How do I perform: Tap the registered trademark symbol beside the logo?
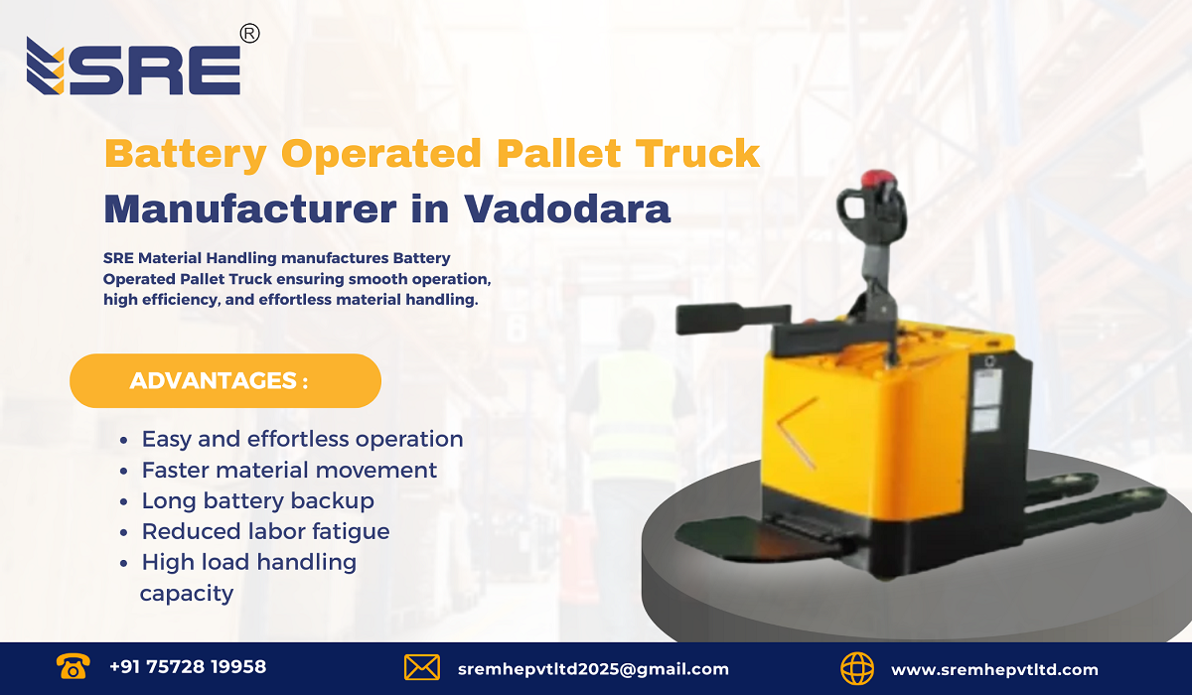click(x=250, y=34)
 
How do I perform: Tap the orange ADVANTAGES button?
click(x=225, y=380)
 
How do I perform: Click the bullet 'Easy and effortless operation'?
click(x=302, y=439)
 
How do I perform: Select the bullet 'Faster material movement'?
click(x=289, y=470)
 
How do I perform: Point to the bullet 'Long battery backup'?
click(x=257, y=500)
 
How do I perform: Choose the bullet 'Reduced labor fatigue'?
click(x=265, y=531)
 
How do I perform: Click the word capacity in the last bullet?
click(x=187, y=594)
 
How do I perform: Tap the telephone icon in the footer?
click(x=72, y=666)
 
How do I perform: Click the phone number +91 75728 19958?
click(x=188, y=667)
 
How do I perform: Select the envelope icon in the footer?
click(x=422, y=667)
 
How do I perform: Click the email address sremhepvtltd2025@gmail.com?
click(x=593, y=669)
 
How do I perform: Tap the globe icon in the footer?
click(x=856, y=667)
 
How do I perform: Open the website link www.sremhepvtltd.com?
click(x=994, y=669)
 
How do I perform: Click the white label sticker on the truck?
click(x=983, y=402)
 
